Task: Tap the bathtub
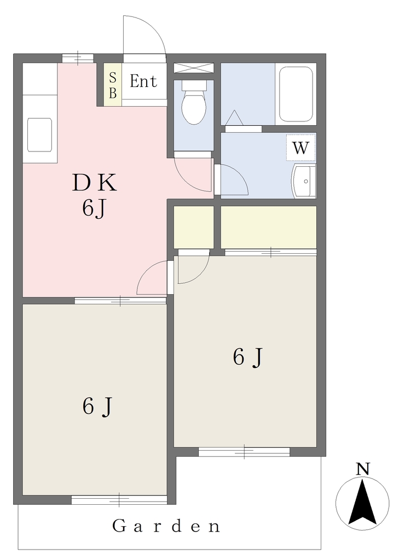[x=296, y=94]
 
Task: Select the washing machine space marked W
[x=300, y=148]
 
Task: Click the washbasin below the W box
[x=304, y=181]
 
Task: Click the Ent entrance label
[x=143, y=81]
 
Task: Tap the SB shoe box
[x=113, y=85]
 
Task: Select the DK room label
[x=94, y=183]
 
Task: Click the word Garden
[x=166, y=526]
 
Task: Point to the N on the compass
[x=363, y=469]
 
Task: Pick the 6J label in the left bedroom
[x=97, y=406]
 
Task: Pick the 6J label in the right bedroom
[x=248, y=357]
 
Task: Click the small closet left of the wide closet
[x=194, y=227]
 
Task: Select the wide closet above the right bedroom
[x=269, y=227]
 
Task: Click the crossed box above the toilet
[x=194, y=68]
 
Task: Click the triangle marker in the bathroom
[x=234, y=118]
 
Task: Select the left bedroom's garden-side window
[x=119, y=500]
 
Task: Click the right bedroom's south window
[x=244, y=451]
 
